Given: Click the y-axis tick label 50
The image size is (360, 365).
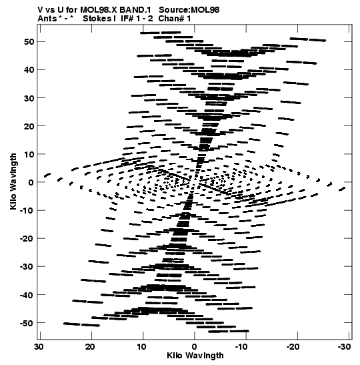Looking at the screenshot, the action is click(x=29, y=41).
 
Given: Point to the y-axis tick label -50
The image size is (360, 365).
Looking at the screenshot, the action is click(x=27, y=323).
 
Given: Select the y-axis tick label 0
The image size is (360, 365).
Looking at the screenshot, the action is click(x=31, y=182).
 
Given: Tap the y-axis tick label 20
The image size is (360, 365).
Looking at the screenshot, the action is click(x=29, y=126).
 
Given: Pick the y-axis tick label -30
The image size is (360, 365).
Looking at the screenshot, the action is click(x=27, y=267).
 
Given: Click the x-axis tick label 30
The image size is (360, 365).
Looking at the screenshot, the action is click(x=39, y=347).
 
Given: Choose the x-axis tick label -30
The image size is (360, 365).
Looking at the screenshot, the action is click(x=344, y=347).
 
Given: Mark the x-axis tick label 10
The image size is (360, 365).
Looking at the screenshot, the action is click(x=141, y=347).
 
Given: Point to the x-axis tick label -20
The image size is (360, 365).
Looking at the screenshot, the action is click(x=293, y=347).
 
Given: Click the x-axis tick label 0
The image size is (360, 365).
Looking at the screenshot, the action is click(x=194, y=347).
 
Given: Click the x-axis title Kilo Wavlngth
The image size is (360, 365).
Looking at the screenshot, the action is click(x=195, y=356).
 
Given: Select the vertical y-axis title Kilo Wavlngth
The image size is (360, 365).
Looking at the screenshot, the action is click(x=13, y=181).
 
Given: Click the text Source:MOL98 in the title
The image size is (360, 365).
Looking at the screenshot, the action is click(x=189, y=10).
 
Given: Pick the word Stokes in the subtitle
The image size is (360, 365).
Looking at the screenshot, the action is click(x=97, y=19).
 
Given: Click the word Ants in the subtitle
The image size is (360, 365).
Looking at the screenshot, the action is click(x=47, y=19).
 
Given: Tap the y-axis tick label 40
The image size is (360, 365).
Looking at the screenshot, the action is click(x=29, y=70).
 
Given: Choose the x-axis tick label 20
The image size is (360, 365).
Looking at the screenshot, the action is click(x=90, y=347).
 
